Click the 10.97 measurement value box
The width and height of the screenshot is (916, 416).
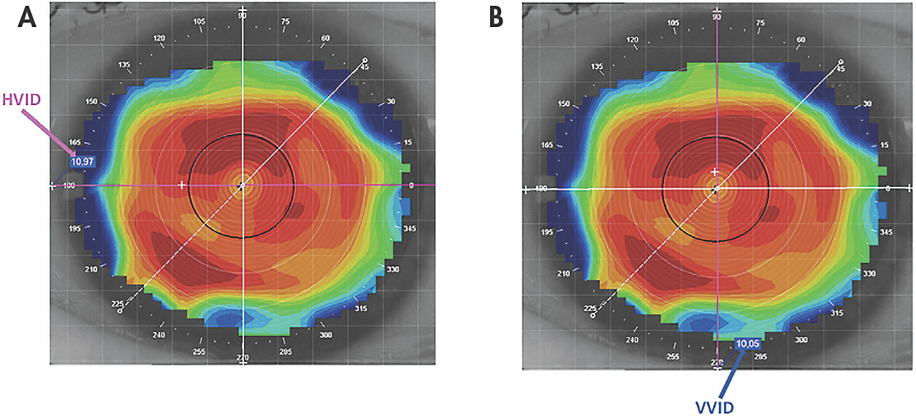point(83,161)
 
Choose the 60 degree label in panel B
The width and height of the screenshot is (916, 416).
point(801,39)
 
